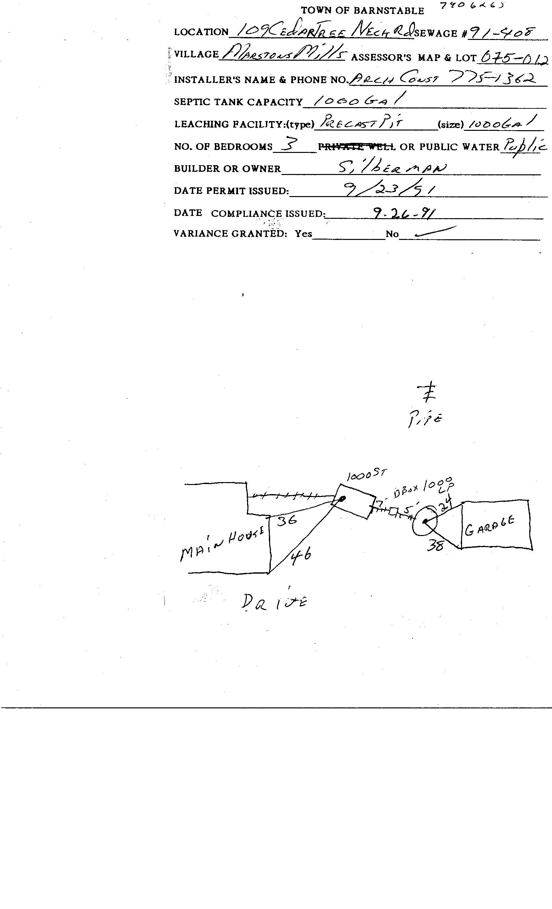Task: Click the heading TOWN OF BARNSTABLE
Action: pyautogui.click(x=362, y=11)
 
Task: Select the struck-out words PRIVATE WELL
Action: pyautogui.click(x=357, y=147)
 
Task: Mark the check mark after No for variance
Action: pyautogui.click(x=435, y=231)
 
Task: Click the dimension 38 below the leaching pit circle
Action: pyautogui.click(x=435, y=546)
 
